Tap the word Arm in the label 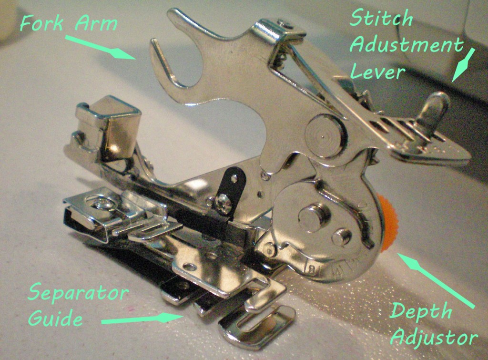[x=98, y=22]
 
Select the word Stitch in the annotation [x=381, y=20]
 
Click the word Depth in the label [x=420, y=313]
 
